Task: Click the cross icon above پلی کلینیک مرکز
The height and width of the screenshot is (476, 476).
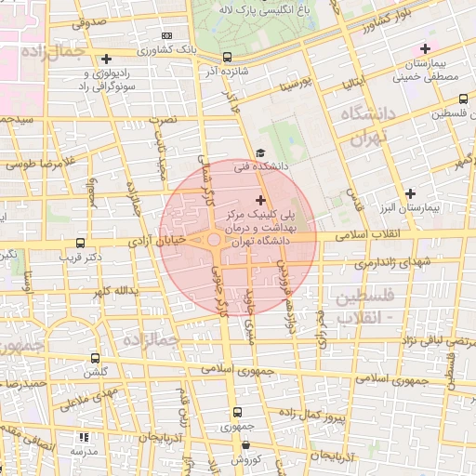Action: pyautogui.click(x=259, y=200)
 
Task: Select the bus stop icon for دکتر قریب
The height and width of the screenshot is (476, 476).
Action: pyautogui.click(x=81, y=242)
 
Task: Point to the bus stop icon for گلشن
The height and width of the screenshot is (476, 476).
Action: pyautogui.click(x=95, y=358)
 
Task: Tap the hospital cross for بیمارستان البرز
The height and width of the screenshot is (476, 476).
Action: pyautogui.click(x=410, y=192)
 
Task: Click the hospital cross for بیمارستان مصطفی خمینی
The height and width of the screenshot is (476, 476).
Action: pyautogui.click(x=426, y=48)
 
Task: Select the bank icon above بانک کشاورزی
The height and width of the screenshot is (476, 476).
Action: pyautogui.click(x=166, y=35)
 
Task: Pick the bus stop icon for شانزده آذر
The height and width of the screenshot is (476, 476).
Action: pyautogui.click(x=228, y=58)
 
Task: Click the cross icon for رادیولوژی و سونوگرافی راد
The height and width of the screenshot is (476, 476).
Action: pyautogui.click(x=108, y=59)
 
